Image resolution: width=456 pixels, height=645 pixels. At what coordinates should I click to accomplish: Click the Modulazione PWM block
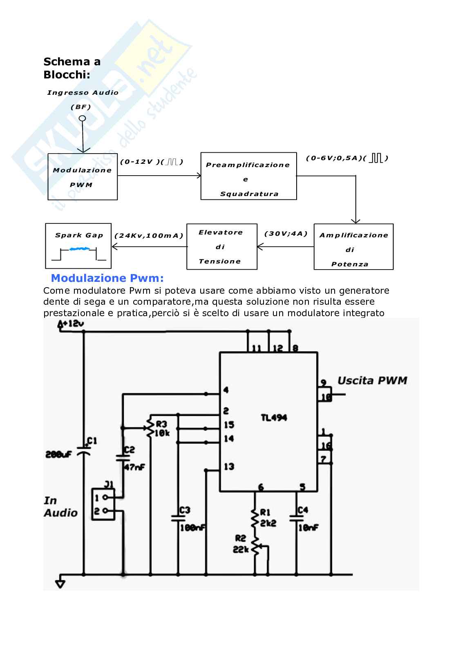click(x=83, y=177)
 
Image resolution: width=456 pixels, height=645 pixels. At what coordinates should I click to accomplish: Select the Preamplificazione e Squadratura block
click(x=248, y=176)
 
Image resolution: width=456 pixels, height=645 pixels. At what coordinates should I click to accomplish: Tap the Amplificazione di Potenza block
click(x=353, y=247)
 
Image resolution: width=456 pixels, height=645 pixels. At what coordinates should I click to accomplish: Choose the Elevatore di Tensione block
click(x=222, y=246)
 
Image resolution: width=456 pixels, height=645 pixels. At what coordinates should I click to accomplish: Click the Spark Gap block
click(x=78, y=245)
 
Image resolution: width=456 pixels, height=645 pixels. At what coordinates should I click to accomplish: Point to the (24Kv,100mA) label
click(x=149, y=236)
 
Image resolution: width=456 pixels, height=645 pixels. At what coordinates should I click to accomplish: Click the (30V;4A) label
click(x=286, y=234)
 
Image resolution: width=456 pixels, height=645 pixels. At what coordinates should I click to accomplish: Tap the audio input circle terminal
click(x=83, y=118)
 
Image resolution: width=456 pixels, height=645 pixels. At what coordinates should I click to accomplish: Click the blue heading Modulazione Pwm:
click(x=107, y=279)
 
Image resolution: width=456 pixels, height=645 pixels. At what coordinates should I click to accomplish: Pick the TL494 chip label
click(x=274, y=418)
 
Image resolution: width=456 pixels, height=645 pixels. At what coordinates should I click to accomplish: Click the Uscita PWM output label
click(x=372, y=381)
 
